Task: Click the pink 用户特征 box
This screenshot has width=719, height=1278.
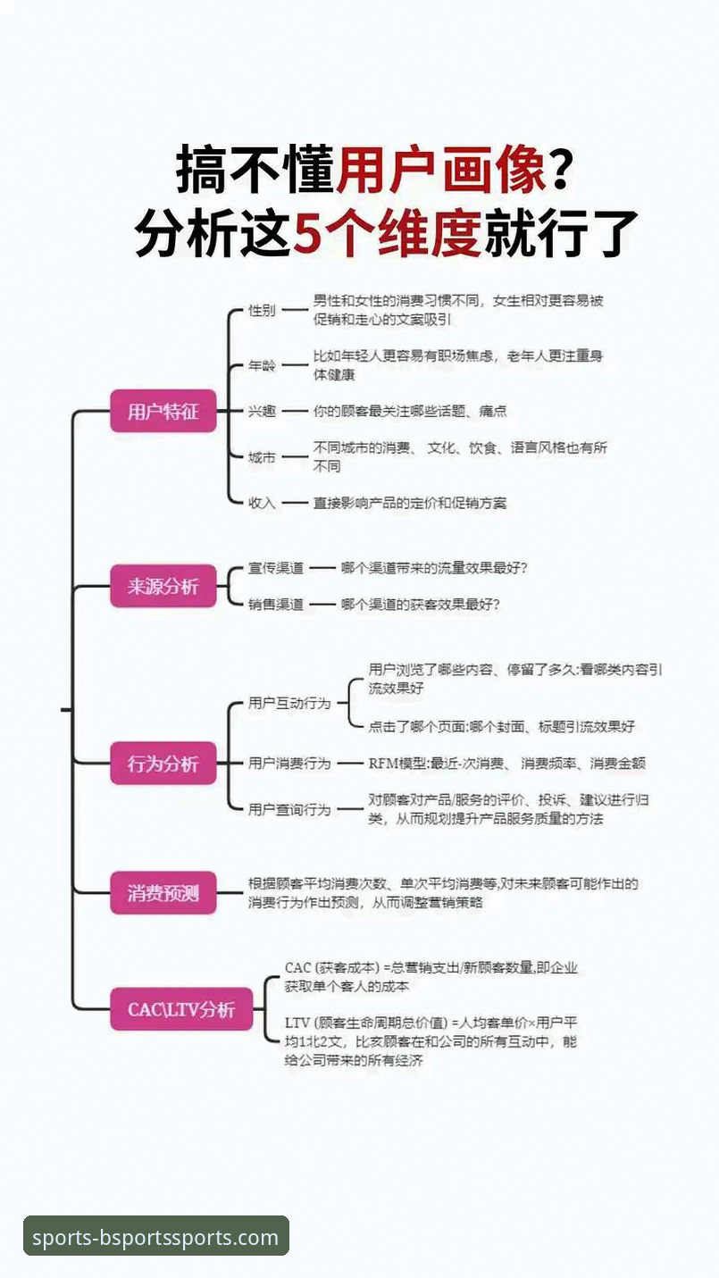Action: click(163, 412)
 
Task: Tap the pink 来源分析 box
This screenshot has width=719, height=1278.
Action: click(163, 587)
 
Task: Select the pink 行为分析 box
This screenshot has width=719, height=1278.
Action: click(163, 764)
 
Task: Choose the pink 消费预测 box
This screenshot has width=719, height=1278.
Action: click(163, 892)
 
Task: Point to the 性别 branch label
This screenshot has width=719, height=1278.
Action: click(262, 311)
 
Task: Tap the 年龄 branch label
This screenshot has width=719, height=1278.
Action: click(262, 366)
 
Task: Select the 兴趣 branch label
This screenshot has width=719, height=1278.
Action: click(262, 412)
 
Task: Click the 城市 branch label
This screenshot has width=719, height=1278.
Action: click(262, 457)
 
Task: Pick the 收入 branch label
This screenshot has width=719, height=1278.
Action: click(262, 503)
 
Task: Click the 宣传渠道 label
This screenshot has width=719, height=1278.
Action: click(276, 568)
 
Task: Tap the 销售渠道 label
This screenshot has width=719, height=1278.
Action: click(276, 605)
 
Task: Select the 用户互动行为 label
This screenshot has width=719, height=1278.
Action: click(289, 703)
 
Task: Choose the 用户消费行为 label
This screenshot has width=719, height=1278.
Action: click(289, 764)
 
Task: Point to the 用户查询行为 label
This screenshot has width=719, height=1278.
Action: click(289, 809)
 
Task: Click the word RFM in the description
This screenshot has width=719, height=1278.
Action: click(384, 764)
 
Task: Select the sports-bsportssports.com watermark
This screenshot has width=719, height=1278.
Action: click(155, 1238)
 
